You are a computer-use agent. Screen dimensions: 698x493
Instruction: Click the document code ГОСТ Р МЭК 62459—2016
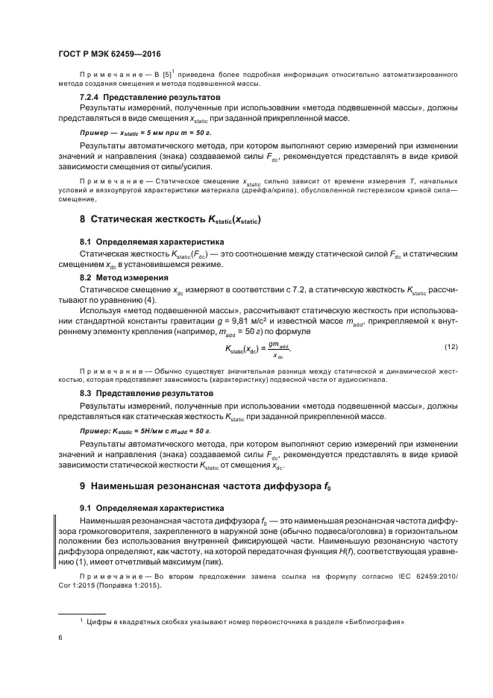(109, 55)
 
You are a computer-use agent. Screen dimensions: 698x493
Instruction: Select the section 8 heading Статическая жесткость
(171, 220)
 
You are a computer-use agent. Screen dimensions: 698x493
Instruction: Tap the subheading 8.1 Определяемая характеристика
(148, 242)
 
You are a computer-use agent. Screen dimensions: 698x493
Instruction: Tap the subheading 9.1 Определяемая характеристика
(148, 509)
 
